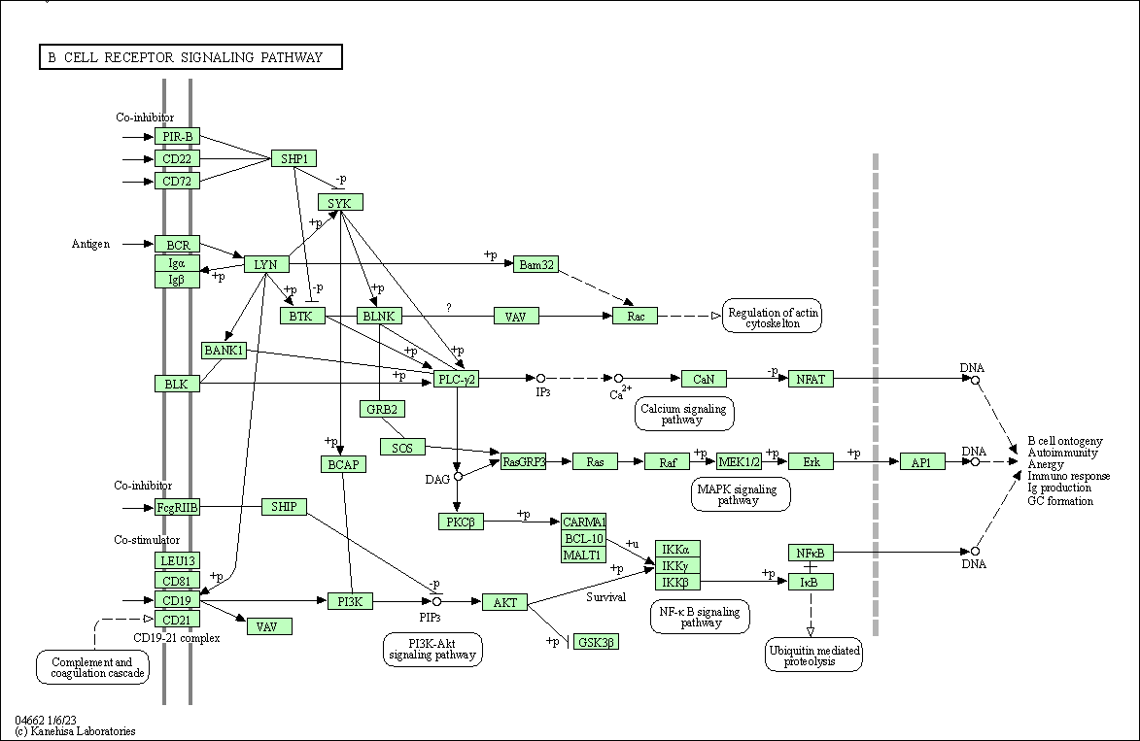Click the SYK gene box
340,202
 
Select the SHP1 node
294,158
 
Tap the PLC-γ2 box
456,379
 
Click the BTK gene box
302,316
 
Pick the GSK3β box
596,642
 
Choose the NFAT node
811,379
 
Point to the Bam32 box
535,263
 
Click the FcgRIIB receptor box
177,507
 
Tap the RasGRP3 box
524,461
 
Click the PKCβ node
461,522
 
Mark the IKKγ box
677,565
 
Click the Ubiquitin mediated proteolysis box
813,656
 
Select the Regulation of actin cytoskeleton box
773,317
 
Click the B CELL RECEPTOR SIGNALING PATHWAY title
190,57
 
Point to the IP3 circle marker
540,378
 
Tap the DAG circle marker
458,476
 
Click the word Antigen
90,244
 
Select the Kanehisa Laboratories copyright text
75,731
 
